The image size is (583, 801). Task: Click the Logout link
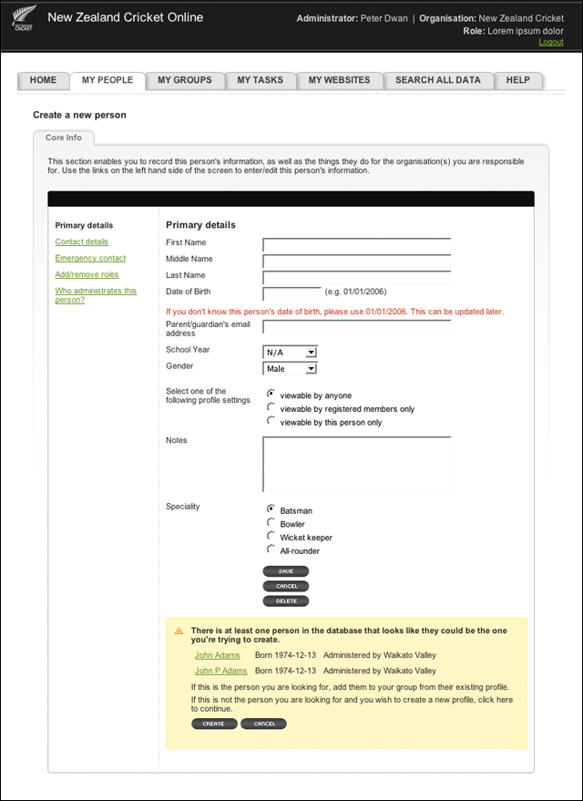click(x=550, y=42)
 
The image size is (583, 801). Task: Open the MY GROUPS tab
click(x=184, y=80)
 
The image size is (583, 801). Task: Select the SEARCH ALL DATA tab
click(x=437, y=80)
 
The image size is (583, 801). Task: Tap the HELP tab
click(x=517, y=80)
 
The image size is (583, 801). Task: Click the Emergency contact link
click(x=90, y=258)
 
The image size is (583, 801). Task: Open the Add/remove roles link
click(x=87, y=274)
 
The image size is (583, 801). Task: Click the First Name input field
click(x=356, y=244)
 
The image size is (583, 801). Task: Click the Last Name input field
click(x=356, y=277)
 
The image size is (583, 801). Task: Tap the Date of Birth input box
click(x=291, y=293)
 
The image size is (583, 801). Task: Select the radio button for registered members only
click(x=271, y=407)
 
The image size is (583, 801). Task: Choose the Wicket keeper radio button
click(x=271, y=536)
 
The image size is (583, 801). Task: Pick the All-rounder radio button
click(x=271, y=549)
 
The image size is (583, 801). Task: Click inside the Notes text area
click(x=356, y=464)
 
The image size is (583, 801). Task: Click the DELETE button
click(x=285, y=601)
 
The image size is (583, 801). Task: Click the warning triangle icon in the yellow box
click(x=179, y=630)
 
